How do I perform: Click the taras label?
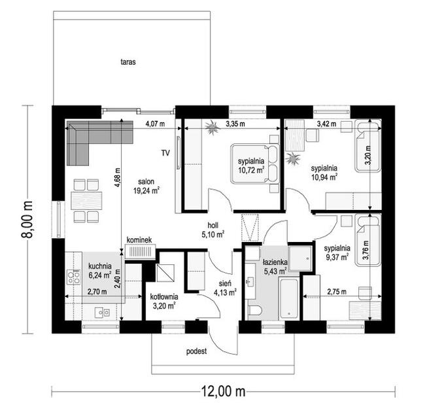point(128,62)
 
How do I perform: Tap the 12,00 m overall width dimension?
point(223,391)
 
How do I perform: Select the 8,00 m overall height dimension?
point(27,219)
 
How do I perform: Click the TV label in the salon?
point(165,153)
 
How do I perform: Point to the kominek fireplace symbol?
point(140,251)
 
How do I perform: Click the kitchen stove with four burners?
point(74,277)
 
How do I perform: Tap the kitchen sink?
point(102,313)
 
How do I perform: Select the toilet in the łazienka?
point(255,310)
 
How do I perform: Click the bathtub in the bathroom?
point(289,298)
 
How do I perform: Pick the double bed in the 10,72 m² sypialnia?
point(255,164)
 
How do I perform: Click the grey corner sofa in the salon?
point(92,138)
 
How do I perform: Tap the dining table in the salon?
point(86,200)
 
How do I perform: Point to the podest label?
point(196,351)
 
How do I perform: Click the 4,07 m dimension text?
point(155,124)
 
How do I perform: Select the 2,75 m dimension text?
point(337,292)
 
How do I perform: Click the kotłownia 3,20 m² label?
point(164,301)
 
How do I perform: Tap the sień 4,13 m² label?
point(225,288)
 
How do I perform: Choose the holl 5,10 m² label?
point(212,230)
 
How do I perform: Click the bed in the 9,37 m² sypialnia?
point(368,240)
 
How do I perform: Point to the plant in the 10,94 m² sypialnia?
point(292,158)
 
